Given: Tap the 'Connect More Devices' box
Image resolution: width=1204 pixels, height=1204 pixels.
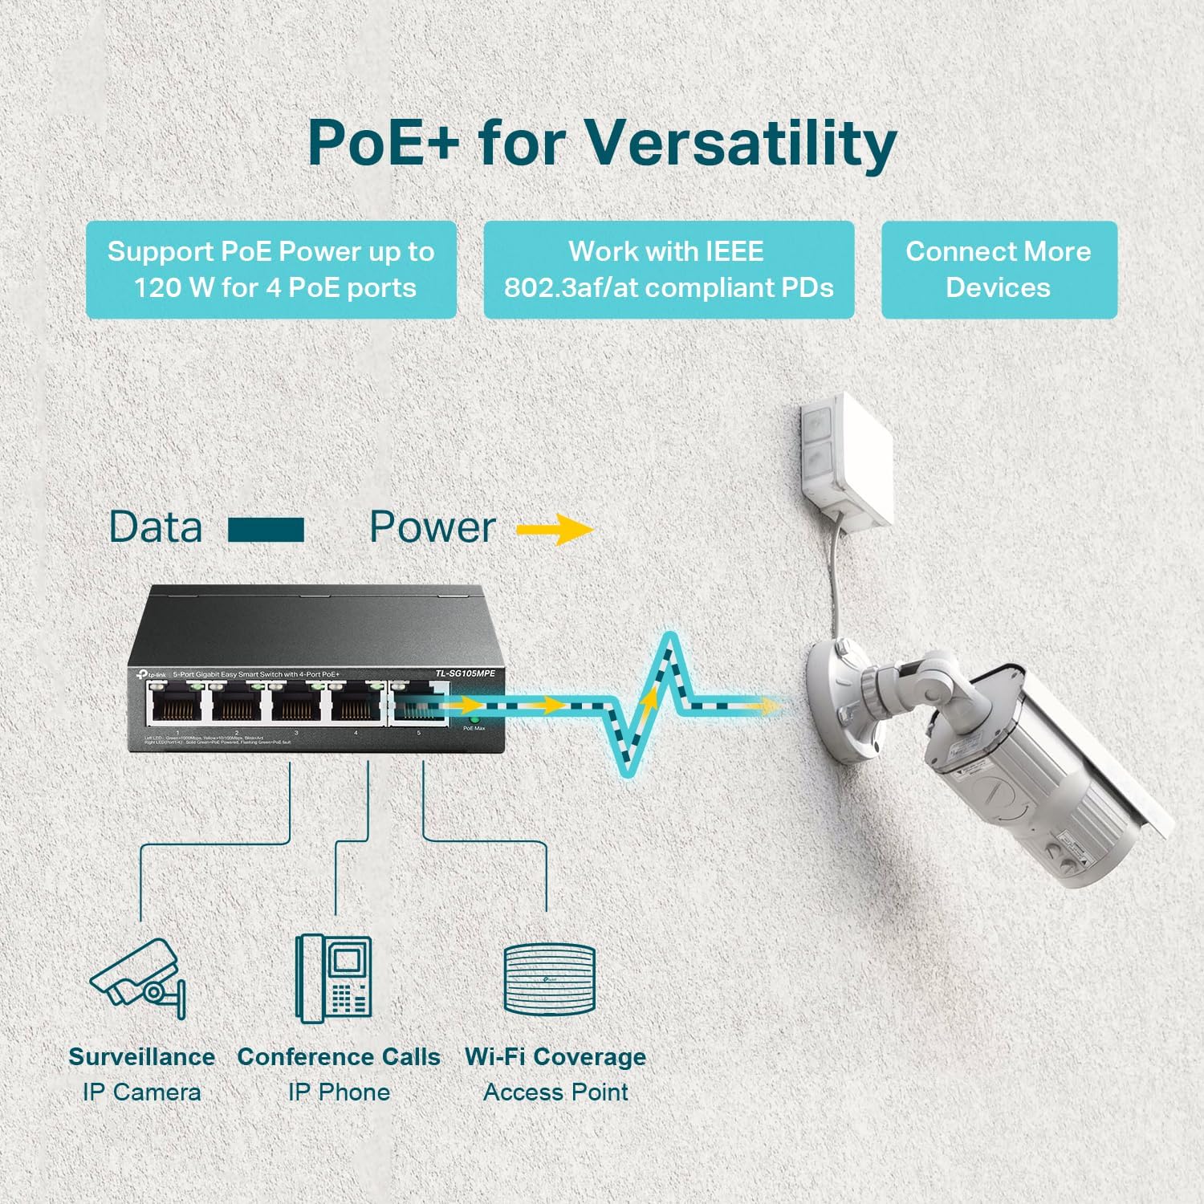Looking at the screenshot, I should point(999,270).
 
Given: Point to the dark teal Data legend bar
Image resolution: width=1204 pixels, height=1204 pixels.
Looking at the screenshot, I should point(266,530).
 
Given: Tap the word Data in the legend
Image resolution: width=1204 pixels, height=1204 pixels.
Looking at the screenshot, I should point(156,527).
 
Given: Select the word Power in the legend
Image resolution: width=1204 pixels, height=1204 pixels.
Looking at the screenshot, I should point(432,527).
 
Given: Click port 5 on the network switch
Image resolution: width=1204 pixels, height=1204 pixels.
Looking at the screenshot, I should point(417,704).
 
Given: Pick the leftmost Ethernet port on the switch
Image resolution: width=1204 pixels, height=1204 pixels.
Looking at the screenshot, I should point(177,704).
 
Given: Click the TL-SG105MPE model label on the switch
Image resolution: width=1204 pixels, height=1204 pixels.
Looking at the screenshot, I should point(466,673).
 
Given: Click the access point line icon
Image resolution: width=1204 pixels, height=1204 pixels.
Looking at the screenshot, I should point(550,979).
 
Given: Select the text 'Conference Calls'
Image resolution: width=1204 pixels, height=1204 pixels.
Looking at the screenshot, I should point(339,1057).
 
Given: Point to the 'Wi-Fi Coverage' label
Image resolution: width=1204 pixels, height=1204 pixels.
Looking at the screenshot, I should point(555,1057).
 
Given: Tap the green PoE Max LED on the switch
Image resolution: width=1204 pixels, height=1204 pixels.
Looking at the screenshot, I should point(474,720).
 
